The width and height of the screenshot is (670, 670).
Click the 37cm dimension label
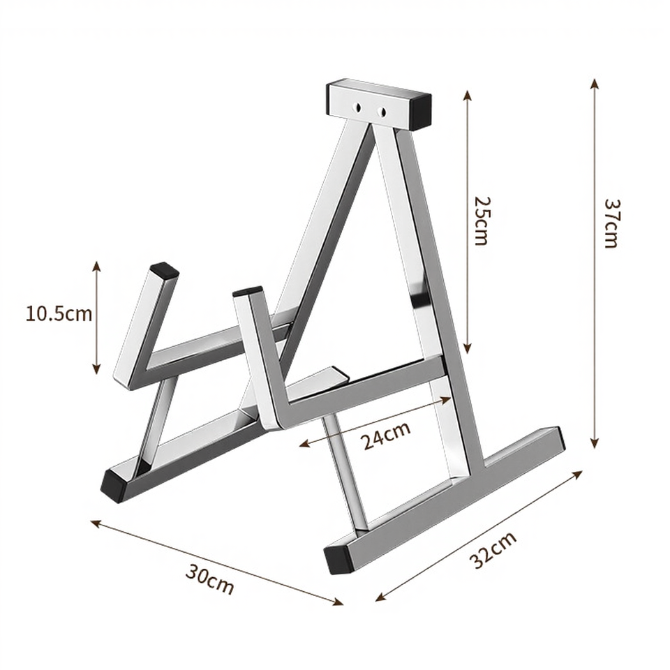coord(611,223)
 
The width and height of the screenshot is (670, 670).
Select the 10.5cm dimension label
coord(59,313)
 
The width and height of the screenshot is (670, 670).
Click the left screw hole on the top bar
coord(359,108)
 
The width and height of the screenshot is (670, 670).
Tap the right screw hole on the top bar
coord(382,111)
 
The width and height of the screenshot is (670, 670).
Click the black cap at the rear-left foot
coord(114,484)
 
